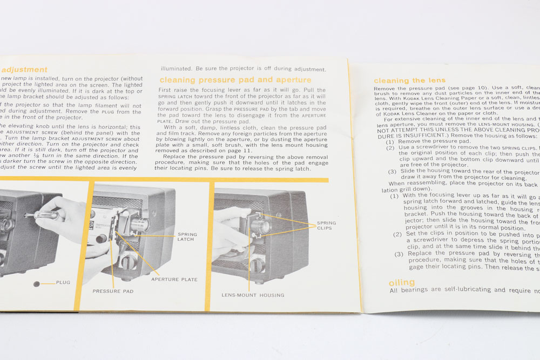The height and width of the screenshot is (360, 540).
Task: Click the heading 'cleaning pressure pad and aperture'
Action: (x=235, y=80)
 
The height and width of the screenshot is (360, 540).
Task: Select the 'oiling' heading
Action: (x=402, y=283)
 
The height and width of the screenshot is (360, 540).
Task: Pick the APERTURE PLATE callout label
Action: (x=174, y=280)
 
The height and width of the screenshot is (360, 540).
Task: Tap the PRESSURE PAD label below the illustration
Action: (x=113, y=291)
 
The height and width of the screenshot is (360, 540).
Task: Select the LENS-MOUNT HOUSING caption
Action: (x=253, y=295)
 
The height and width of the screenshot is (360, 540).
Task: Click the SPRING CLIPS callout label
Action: (x=326, y=226)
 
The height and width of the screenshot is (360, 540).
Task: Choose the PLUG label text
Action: (x=63, y=282)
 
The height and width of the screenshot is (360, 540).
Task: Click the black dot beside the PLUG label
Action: (x=37, y=283)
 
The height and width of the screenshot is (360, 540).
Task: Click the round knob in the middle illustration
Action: (x=128, y=263)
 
